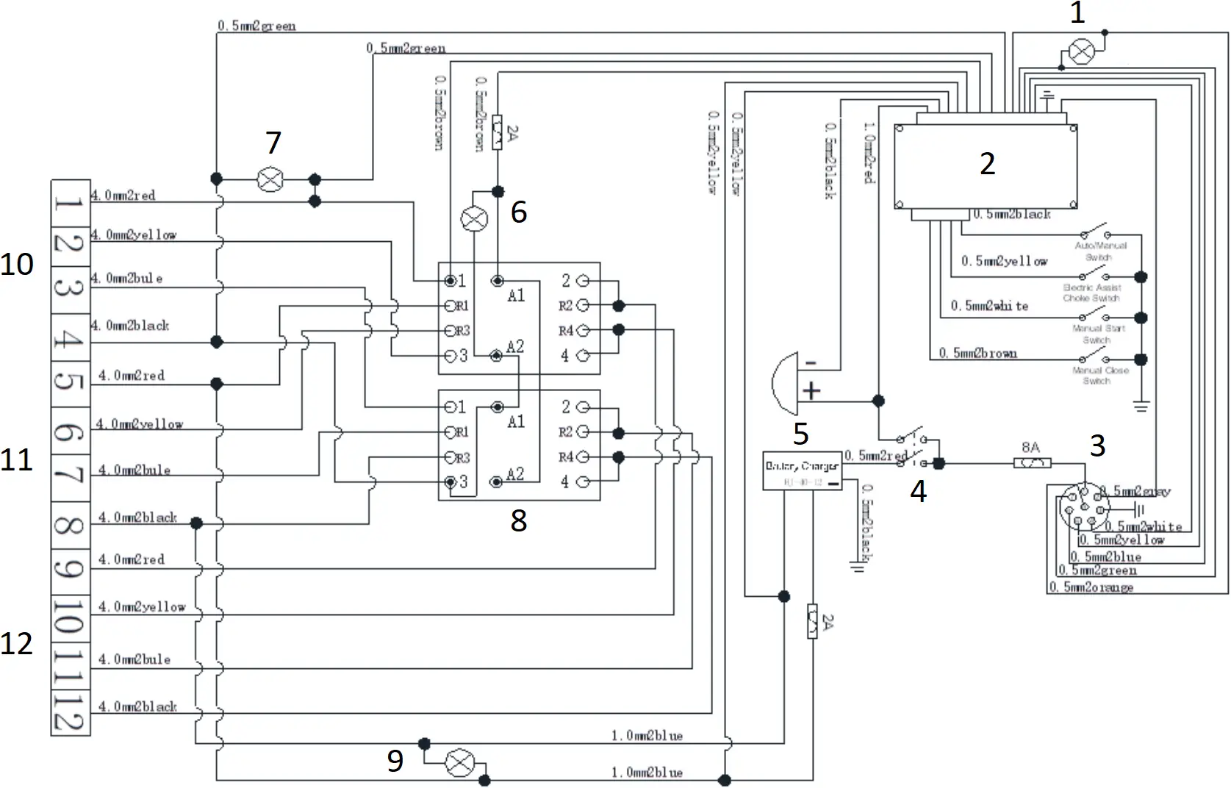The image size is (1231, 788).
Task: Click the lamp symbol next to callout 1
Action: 1080,52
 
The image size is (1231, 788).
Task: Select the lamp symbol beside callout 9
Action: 459,764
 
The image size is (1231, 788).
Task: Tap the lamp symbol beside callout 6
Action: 474,218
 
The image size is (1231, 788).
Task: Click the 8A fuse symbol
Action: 1032,463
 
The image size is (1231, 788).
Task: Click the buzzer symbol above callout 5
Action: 788,383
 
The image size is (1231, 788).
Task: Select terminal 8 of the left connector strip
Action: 70,525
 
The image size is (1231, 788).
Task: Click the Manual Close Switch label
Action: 1100,376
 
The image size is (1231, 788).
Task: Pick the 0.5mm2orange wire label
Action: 1091,587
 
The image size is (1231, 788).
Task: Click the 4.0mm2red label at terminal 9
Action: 132,559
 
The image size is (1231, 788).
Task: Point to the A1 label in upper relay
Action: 516,295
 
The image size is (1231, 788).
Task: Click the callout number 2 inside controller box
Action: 987,163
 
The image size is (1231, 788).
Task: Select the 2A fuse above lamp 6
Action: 498,133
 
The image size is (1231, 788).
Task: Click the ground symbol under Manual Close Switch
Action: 1140,405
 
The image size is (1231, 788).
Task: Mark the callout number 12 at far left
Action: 17,644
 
